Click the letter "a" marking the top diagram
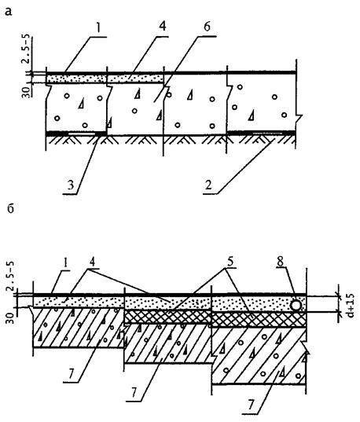pyautogui.click(x=9, y=11)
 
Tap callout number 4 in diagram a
pyautogui.click(x=162, y=28)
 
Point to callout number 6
pyautogui.click(x=206, y=28)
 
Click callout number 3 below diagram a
pyautogui.click(x=71, y=185)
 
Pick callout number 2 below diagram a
pyautogui.click(x=208, y=185)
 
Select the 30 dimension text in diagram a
pyautogui.click(x=26, y=90)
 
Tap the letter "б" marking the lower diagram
pyautogui.click(x=10, y=208)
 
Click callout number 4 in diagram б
pyautogui.click(x=92, y=262)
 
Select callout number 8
pyautogui.click(x=281, y=262)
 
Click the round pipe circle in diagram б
pyautogui.click(x=296, y=306)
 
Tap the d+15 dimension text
pyautogui.click(x=350, y=305)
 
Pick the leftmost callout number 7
pyautogui.click(x=71, y=376)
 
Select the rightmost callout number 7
pyautogui.click(x=252, y=404)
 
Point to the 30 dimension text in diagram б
pyautogui.click(x=12, y=314)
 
